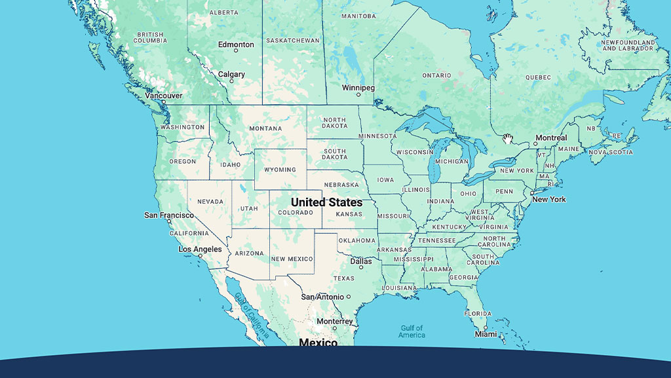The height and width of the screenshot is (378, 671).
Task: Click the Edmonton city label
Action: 236,45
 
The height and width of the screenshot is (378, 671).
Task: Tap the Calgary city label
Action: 231,75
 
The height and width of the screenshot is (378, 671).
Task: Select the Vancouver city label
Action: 164,96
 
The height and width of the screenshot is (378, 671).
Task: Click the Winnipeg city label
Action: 358,88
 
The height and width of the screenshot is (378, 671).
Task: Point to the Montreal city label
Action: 550,138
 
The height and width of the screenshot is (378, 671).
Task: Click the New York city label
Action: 548,199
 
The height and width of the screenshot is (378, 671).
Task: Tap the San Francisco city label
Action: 169,215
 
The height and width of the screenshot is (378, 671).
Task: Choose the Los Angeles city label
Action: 200,250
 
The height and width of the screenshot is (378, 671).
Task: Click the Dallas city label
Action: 360,261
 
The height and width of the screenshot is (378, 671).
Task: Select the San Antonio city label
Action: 322,297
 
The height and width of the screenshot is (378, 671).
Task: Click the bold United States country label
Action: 326,202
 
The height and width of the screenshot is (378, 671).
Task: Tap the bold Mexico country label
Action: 318,343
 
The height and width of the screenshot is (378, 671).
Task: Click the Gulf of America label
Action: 413,331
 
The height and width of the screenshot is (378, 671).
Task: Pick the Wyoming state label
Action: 280,170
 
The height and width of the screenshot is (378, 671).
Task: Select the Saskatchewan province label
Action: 293,41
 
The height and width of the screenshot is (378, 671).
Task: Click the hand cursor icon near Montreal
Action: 508,138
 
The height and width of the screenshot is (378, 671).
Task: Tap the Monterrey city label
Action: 335,322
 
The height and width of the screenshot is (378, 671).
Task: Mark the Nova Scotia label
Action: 611,152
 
